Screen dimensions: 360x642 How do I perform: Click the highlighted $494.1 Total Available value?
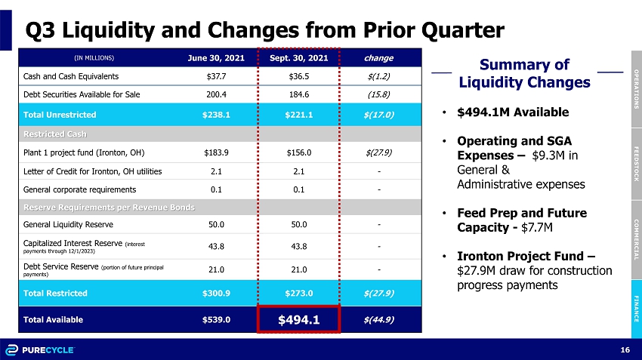298,319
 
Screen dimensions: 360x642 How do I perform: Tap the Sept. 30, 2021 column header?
298,57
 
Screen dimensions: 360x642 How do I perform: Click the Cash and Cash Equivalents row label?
65,76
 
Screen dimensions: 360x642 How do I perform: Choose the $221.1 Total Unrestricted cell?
298,115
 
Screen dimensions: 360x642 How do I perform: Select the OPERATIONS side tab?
636,90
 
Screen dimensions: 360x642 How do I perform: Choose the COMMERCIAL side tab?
636,238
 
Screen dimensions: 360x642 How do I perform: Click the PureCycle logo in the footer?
46,349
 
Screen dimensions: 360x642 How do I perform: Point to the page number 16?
625,349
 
